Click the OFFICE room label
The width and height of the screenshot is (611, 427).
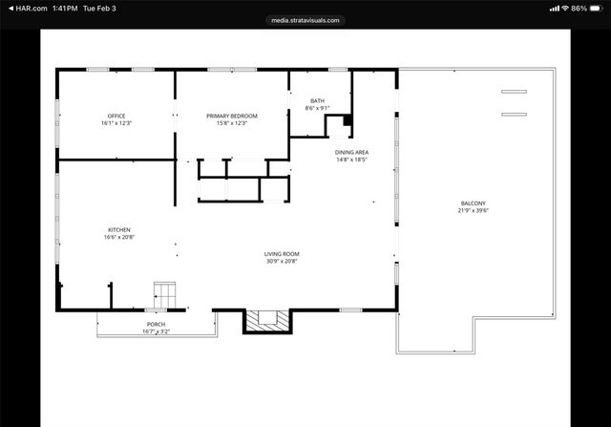[116, 116]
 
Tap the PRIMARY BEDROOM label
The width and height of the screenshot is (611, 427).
[231, 116]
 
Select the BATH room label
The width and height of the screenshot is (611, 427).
[316, 101]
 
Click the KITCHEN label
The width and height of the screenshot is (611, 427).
[118, 229]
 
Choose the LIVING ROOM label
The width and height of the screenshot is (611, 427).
[282, 253]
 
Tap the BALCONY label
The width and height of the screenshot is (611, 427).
[473, 203]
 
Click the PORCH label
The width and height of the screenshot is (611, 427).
[156, 324]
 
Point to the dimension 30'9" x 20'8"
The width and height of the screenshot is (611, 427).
[282, 261]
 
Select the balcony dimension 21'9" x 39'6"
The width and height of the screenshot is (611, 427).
[473, 210]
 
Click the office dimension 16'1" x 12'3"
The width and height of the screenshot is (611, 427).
[116, 123]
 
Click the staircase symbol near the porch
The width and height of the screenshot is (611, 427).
[165, 295]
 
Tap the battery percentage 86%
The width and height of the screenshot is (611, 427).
[579, 8]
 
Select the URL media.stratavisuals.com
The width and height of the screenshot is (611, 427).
[305, 19]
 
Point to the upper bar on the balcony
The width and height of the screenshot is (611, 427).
[514, 92]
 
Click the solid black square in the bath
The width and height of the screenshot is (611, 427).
[347, 119]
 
